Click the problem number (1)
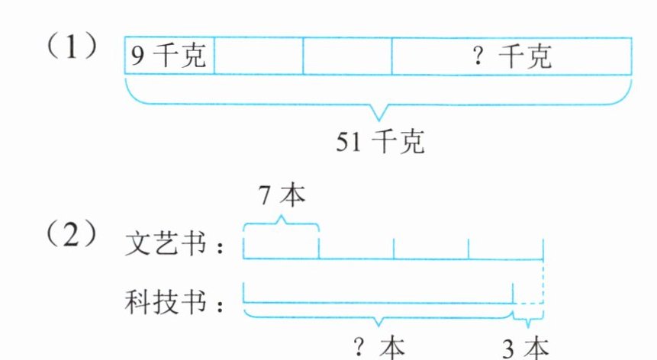click(74, 50)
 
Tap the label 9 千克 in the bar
click(169, 56)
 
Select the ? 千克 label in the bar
click(512, 56)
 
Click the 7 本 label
click(282, 196)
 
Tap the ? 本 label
click(378, 348)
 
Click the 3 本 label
click(526, 348)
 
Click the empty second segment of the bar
click(259, 56)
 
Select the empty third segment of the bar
click(347, 56)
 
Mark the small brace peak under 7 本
click(281, 218)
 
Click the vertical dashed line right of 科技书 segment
click(543, 281)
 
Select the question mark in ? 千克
click(478, 56)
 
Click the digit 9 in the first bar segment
click(135, 56)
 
